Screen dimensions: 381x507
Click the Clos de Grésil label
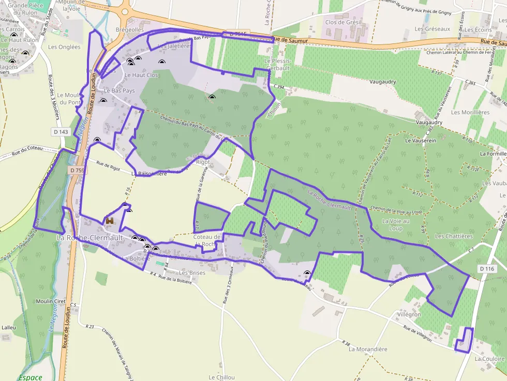pos(343,22)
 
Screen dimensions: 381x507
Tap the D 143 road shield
pos(61,132)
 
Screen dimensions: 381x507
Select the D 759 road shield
pos(77,170)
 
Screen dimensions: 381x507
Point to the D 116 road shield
pos(487,269)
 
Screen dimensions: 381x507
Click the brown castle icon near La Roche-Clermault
pos(110,221)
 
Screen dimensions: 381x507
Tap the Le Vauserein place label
pos(421,140)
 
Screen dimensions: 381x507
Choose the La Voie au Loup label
pos(396,224)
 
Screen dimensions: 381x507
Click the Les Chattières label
pos(454,236)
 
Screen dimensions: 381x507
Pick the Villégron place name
pos(409,314)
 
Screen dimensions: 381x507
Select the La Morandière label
pos(368,349)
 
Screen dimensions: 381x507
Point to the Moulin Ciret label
pos(49,301)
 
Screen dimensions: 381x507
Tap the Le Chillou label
pos(222,377)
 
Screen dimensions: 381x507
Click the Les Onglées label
pos(64,47)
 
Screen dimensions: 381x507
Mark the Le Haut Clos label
pos(141,75)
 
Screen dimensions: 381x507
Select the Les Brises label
pos(192,272)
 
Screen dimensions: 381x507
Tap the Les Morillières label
pos(470,112)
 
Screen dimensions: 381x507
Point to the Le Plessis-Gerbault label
pos(278,64)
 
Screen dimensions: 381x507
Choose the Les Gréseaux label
pos(436,29)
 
